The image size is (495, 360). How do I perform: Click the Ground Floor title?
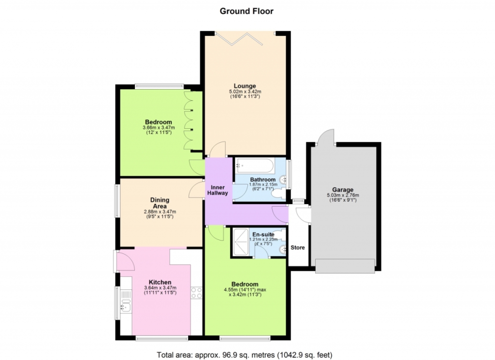pos(247,11)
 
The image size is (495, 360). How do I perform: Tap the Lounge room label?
pos(245,86)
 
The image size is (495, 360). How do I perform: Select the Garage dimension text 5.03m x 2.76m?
pos(343,195)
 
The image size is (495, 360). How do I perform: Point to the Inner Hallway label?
pos(218,190)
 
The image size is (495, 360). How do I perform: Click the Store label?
pos(298,247)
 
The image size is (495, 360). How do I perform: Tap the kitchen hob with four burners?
pos(196,293)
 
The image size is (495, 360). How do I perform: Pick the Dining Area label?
pos(160,203)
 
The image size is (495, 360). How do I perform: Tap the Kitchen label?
pos(160,282)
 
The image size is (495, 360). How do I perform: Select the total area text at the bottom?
pos(245,355)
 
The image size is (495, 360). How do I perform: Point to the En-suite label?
pos(263,235)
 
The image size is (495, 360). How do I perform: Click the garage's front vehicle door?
pos(345,266)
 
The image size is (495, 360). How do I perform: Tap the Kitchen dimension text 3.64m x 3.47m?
pos(160,288)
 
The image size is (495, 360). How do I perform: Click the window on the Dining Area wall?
pos(117,201)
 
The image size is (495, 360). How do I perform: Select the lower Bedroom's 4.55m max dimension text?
pos(245,289)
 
